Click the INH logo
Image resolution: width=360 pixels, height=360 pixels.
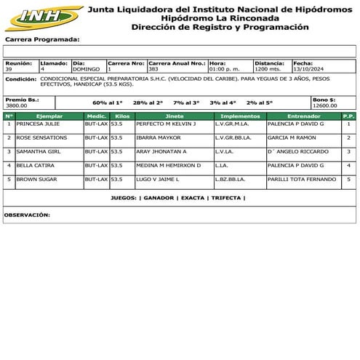tap(41, 17)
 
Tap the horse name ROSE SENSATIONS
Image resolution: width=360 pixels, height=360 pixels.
tap(41, 137)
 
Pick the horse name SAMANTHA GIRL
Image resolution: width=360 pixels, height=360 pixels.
tap(37, 151)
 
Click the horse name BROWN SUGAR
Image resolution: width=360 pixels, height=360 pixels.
tap(37, 179)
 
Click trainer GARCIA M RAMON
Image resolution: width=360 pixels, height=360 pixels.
tap(292, 137)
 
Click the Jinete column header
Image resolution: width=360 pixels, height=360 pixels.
tap(175, 116)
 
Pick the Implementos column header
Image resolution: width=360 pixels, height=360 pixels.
tap(240, 116)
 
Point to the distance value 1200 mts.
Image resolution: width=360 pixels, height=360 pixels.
tap(267, 69)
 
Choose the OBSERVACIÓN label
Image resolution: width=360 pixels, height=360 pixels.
tap(27, 215)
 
